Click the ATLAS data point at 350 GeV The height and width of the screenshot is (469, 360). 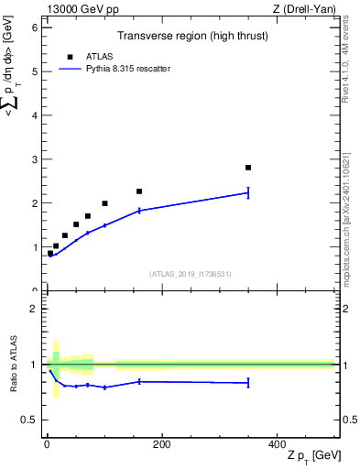coord(248,168)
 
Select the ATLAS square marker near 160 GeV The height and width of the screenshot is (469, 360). coord(139,191)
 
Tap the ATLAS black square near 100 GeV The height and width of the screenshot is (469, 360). coord(104,203)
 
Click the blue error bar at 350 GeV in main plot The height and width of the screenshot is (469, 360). coord(248,192)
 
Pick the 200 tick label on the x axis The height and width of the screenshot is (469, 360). coord(161,443)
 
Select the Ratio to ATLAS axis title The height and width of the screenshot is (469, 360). coord(14,365)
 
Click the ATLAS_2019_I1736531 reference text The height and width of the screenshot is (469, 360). coord(190,274)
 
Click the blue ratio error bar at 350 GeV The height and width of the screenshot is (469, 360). coord(248,383)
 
